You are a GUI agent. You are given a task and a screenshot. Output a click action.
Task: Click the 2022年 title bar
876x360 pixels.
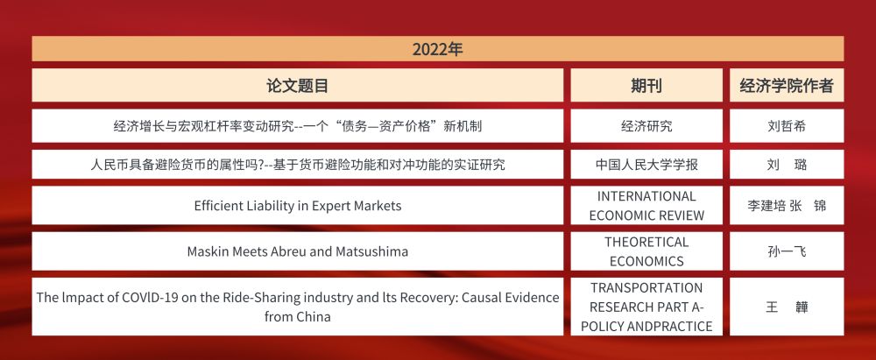[437, 49]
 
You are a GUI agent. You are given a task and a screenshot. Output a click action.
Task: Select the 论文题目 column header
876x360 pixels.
[298, 86]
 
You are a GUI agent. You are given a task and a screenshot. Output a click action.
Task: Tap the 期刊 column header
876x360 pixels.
[646, 86]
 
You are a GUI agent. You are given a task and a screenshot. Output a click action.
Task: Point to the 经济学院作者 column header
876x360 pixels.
[786, 86]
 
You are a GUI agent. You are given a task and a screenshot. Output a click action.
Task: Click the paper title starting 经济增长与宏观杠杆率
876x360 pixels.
[298, 126]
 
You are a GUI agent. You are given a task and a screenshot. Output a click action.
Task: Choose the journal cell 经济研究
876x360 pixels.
[646, 126]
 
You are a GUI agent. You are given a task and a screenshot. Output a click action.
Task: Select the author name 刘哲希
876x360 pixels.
[786, 126]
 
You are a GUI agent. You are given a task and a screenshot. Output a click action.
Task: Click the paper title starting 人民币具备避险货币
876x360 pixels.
[298, 165]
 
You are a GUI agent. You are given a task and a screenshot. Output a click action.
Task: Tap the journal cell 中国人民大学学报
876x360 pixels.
[646, 165]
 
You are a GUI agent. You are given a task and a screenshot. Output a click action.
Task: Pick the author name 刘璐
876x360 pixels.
[786, 165]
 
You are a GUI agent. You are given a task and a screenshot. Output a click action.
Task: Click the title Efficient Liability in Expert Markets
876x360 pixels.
[298, 206]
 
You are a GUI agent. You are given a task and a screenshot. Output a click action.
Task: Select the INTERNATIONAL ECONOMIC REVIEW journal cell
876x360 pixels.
[646, 206]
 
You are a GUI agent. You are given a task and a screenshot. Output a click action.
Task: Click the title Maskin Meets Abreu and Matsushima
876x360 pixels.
[298, 251]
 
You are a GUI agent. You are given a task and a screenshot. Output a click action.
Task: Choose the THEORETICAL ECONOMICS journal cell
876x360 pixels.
[646, 251]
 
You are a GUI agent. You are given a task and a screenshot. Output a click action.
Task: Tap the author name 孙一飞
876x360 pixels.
[786, 251]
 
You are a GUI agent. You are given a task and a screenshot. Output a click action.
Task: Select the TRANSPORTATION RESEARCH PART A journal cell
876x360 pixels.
[646, 307]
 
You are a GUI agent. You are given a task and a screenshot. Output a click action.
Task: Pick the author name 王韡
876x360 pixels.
[786, 307]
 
